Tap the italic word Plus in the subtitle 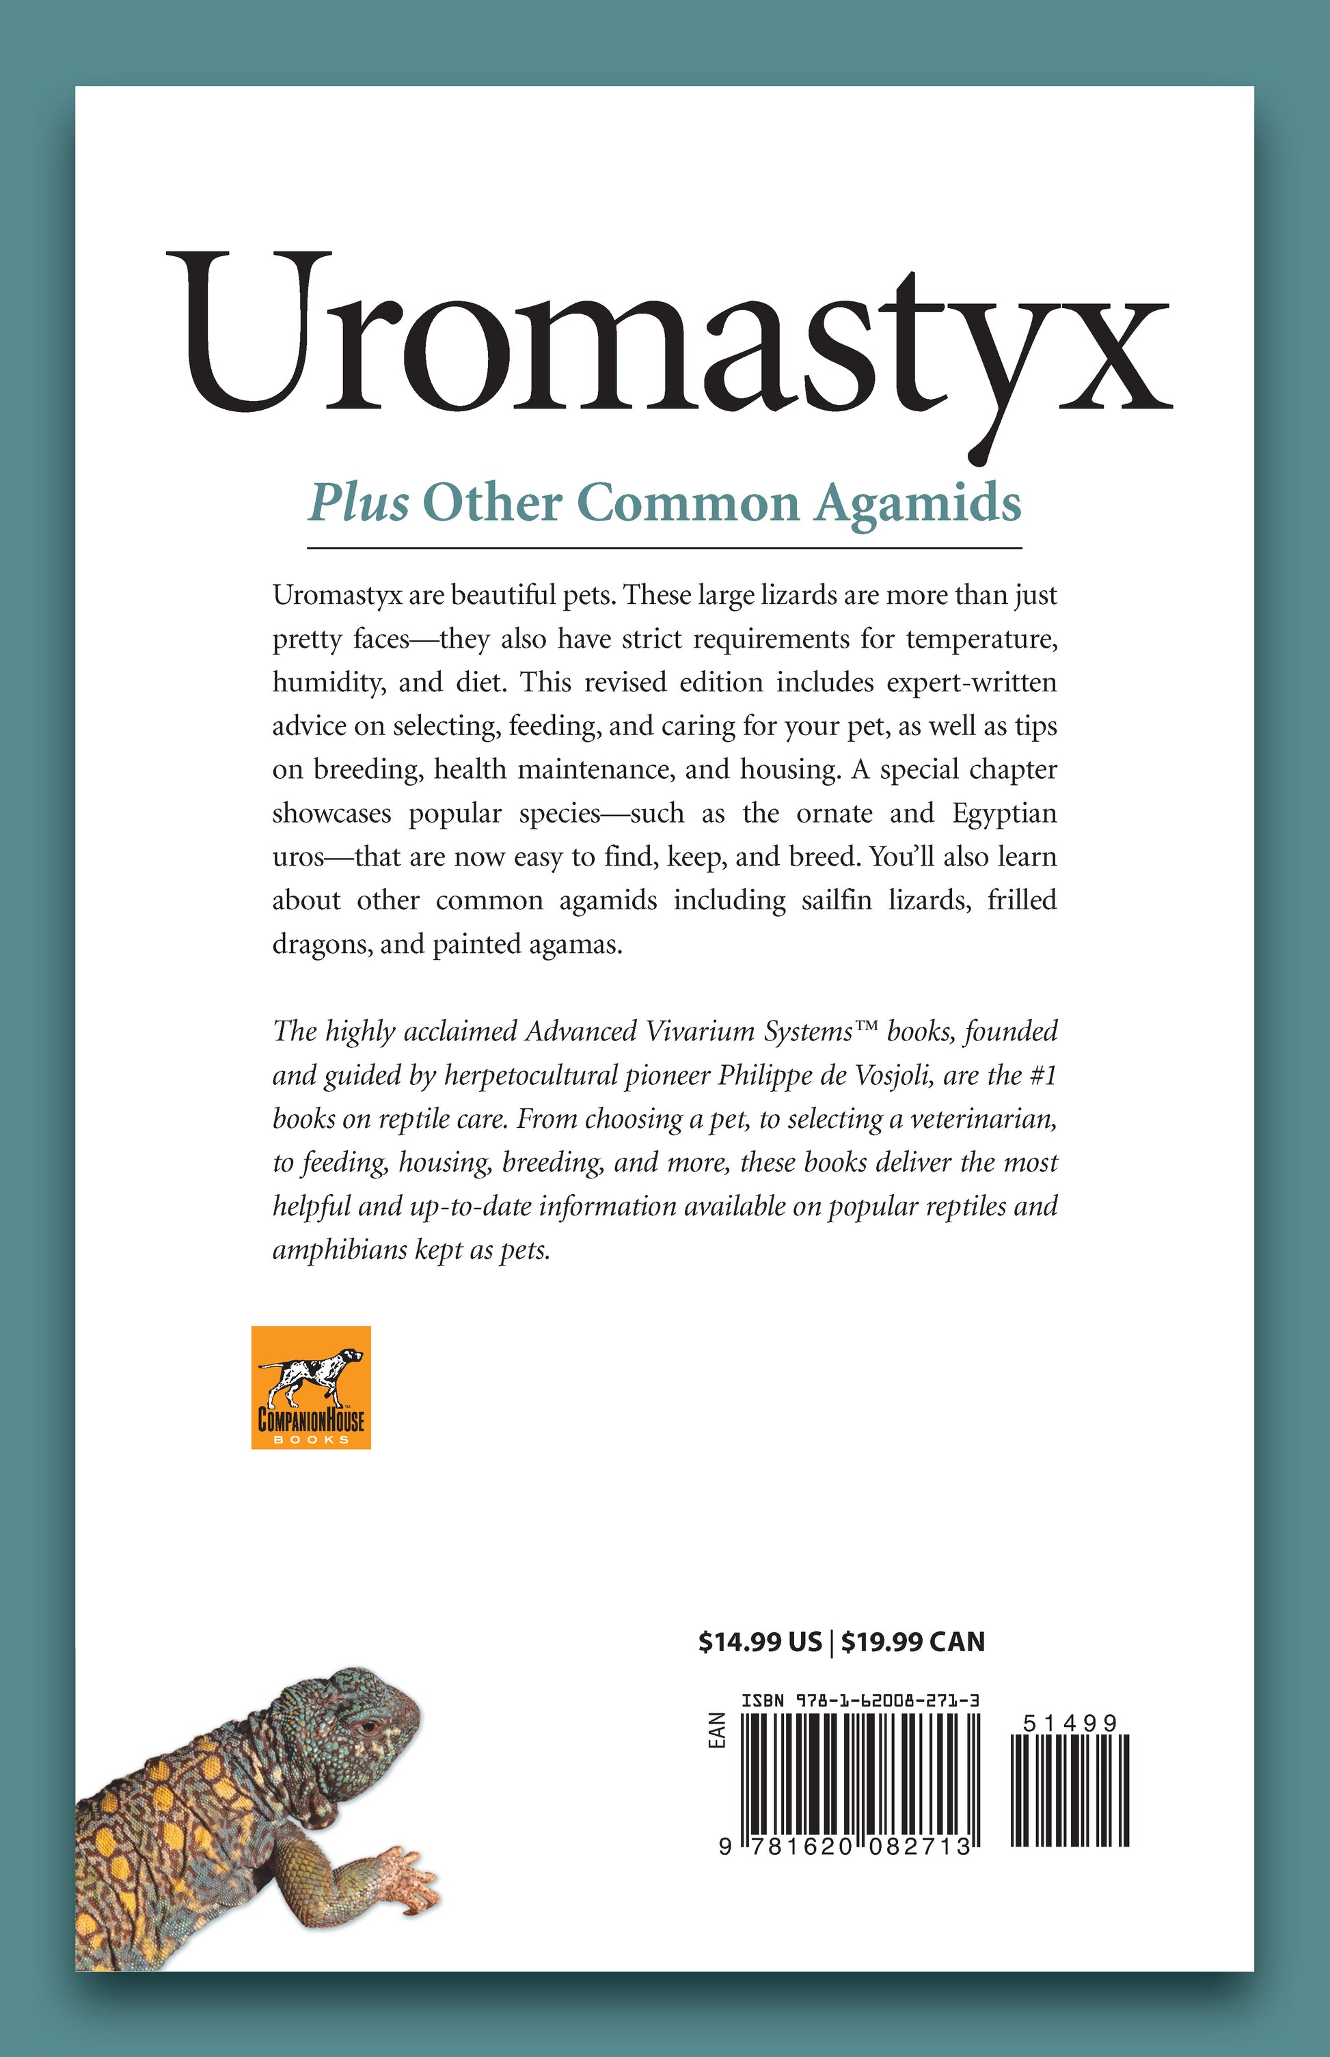[358, 503]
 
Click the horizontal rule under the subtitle [664, 548]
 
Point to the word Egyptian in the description [1005, 813]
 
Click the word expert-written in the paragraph [972, 682]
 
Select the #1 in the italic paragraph [1044, 1075]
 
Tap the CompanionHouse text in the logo [311, 1419]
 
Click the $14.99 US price [760, 1642]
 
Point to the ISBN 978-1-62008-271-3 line [860, 1700]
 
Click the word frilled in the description [1022, 900]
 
